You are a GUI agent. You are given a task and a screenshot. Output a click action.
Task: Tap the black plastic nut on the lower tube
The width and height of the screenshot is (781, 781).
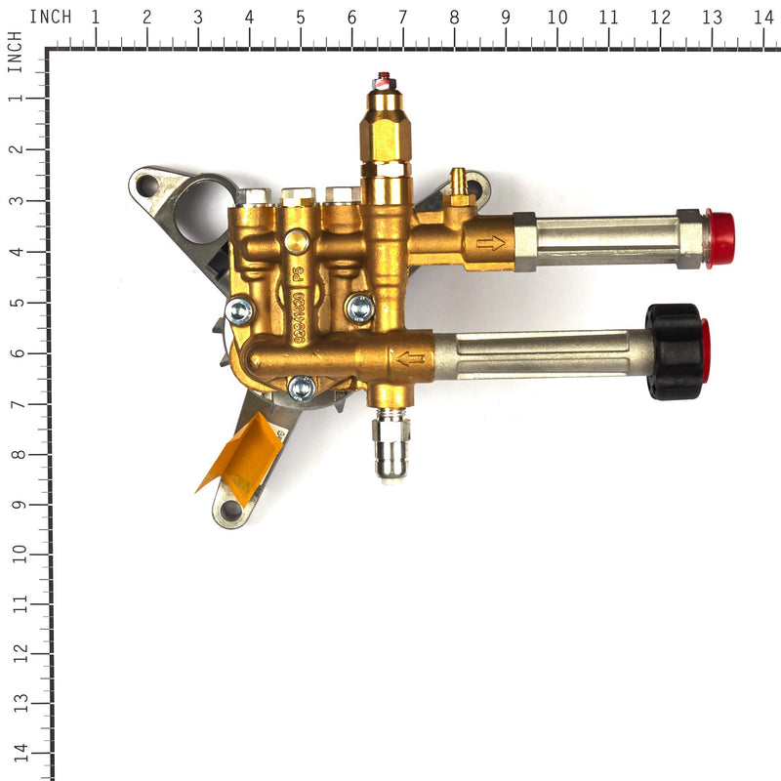pyautogui.click(x=675, y=351)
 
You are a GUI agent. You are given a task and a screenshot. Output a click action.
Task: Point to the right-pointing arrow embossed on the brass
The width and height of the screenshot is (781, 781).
pyautogui.click(x=490, y=241)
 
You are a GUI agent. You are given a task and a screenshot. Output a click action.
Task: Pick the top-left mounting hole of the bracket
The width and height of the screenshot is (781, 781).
pyautogui.click(x=148, y=183)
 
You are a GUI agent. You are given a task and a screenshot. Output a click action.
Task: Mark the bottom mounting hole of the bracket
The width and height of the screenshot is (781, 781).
pyautogui.click(x=230, y=509)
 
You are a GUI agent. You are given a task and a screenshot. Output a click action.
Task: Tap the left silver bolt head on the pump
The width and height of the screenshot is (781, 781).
pyautogui.click(x=238, y=311)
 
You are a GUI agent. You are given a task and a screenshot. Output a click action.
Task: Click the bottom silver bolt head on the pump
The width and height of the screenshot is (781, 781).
pyautogui.click(x=302, y=388)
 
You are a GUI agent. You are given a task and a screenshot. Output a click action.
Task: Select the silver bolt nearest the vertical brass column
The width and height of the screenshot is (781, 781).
pyautogui.click(x=359, y=308)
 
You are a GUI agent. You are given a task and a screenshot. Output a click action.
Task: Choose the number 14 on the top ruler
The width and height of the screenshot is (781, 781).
pyautogui.click(x=762, y=17)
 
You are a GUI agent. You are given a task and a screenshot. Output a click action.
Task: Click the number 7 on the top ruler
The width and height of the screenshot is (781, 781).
pyautogui.click(x=402, y=17)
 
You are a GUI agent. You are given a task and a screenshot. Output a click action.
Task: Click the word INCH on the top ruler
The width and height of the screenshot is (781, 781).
pyautogui.click(x=50, y=17)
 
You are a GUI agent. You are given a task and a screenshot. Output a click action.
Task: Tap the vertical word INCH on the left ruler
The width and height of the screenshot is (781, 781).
pyautogui.click(x=15, y=51)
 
